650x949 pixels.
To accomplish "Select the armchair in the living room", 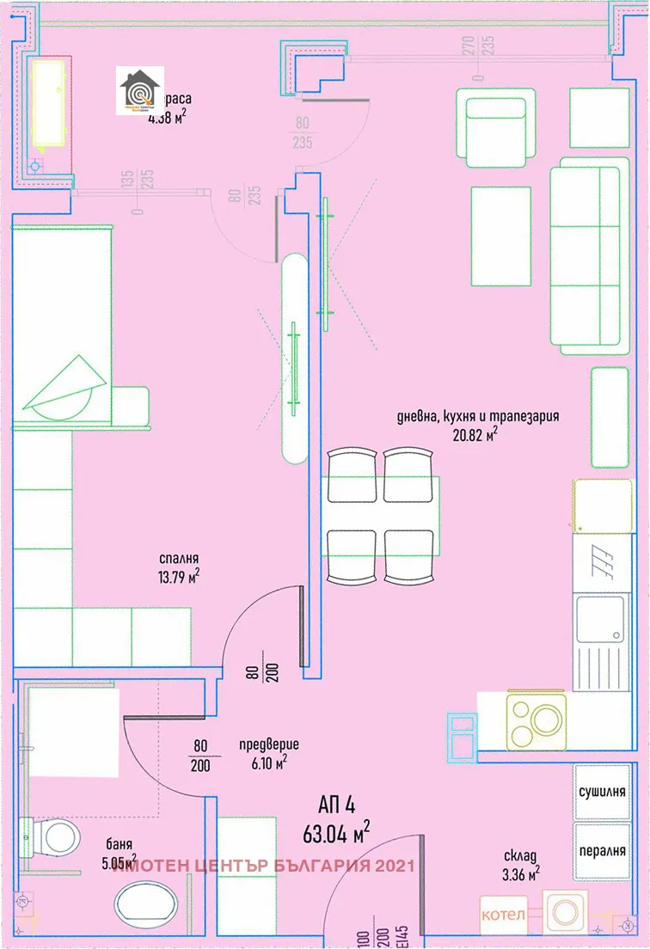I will (499, 132).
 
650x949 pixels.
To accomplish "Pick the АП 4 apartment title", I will (336, 805).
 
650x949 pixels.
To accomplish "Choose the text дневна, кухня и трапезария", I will (477, 417).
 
